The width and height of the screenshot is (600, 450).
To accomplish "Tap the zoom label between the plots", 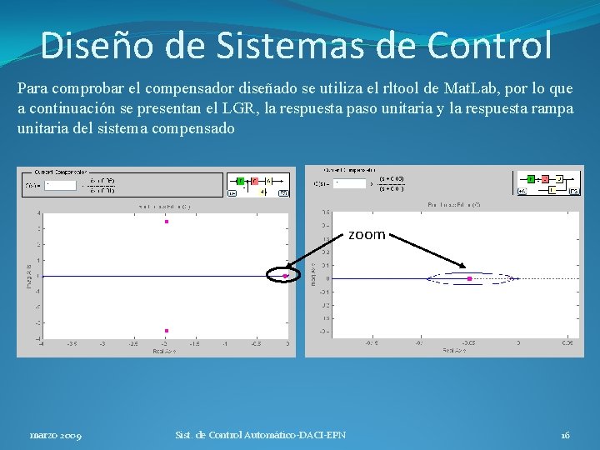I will pyautogui.click(x=367, y=235).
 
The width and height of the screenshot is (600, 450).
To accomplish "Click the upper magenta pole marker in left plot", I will pyautogui.click(x=167, y=222).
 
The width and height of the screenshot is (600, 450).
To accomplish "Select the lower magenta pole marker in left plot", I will pyautogui.click(x=167, y=331).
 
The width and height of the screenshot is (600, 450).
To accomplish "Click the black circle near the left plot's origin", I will pyautogui.click(x=281, y=275).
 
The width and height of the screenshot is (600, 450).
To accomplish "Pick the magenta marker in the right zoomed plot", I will pyautogui.click(x=470, y=278).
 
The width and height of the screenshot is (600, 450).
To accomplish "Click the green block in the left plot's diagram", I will pyautogui.click(x=240, y=180).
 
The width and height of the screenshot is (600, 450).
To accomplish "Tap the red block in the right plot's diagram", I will pyautogui.click(x=545, y=178).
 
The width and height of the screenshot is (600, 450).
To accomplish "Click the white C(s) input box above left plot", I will pyautogui.click(x=62, y=184).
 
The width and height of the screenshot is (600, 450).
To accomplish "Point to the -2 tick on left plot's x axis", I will pyautogui.click(x=166, y=342).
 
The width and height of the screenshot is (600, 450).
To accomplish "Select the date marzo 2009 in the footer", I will pyautogui.click(x=56, y=435).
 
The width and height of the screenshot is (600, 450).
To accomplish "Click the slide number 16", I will pyautogui.click(x=565, y=435).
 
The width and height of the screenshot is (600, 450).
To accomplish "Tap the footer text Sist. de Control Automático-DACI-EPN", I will pyautogui.click(x=260, y=435).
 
